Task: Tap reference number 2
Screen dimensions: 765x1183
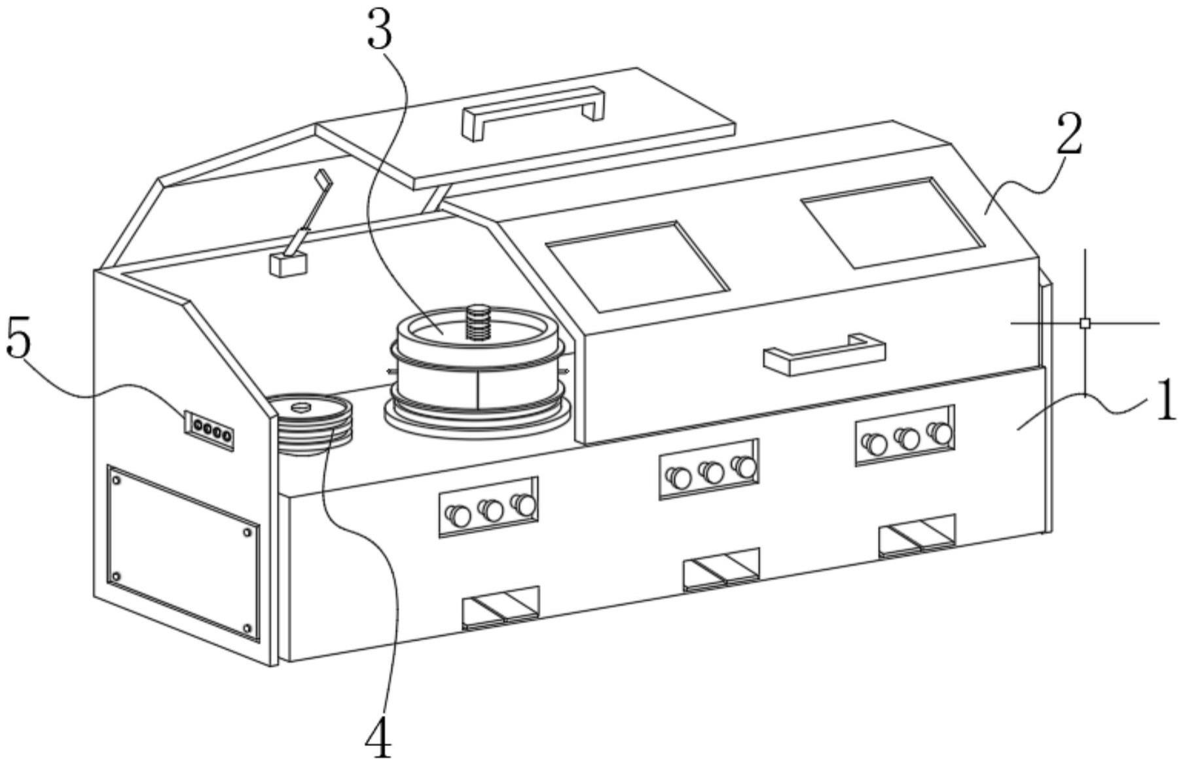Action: pos(1069,134)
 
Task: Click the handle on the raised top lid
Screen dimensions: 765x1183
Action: pos(532,112)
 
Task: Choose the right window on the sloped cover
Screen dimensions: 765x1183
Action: pos(893,222)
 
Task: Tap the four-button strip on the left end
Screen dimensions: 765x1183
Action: pos(208,431)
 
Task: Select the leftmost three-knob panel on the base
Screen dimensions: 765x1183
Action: pos(488,507)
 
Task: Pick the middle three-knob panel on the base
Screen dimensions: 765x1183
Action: pos(709,469)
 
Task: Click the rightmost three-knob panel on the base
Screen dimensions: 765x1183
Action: pos(905,435)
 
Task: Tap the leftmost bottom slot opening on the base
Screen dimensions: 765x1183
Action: pos(501,607)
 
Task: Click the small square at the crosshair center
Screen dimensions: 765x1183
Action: pos(1085,323)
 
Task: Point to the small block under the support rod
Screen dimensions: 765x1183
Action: pos(288,264)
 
